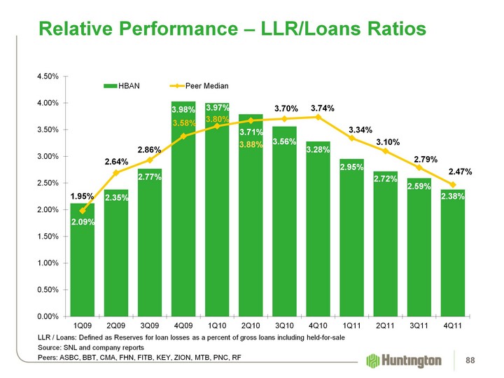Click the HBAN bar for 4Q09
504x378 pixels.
tap(183, 210)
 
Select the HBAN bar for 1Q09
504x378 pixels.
tap(82, 259)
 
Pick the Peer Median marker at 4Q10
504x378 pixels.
tap(318, 117)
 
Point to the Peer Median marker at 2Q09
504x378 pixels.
tap(116, 172)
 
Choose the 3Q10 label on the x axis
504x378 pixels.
tap(285, 326)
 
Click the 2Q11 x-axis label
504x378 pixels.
tap(385, 326)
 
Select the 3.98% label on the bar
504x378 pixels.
tap(183, 110)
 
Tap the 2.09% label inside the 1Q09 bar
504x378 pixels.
tap(83, 222)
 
